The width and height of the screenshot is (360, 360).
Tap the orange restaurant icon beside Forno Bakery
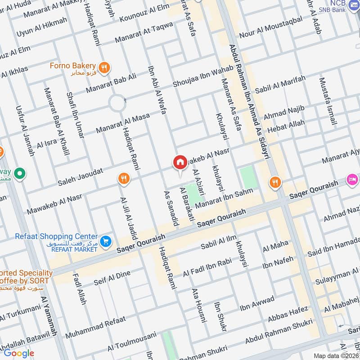click(x=104, y=67)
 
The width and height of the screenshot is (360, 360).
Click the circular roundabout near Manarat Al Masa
click(x=117, y=104)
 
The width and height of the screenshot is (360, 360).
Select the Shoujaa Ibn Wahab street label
click(x=203, y=76)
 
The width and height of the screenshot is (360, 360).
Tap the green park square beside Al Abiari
click(x=193, y=196)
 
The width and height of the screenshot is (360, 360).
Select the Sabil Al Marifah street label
click(x=280, y=84)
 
